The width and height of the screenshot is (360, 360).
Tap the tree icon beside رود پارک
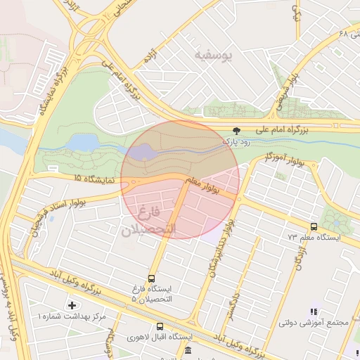pos(236,131)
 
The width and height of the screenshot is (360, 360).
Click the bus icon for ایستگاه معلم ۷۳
pos(314,226)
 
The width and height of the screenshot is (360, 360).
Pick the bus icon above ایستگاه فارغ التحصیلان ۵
pos(153,278)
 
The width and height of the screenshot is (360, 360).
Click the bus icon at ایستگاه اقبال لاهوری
pos(160,326)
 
